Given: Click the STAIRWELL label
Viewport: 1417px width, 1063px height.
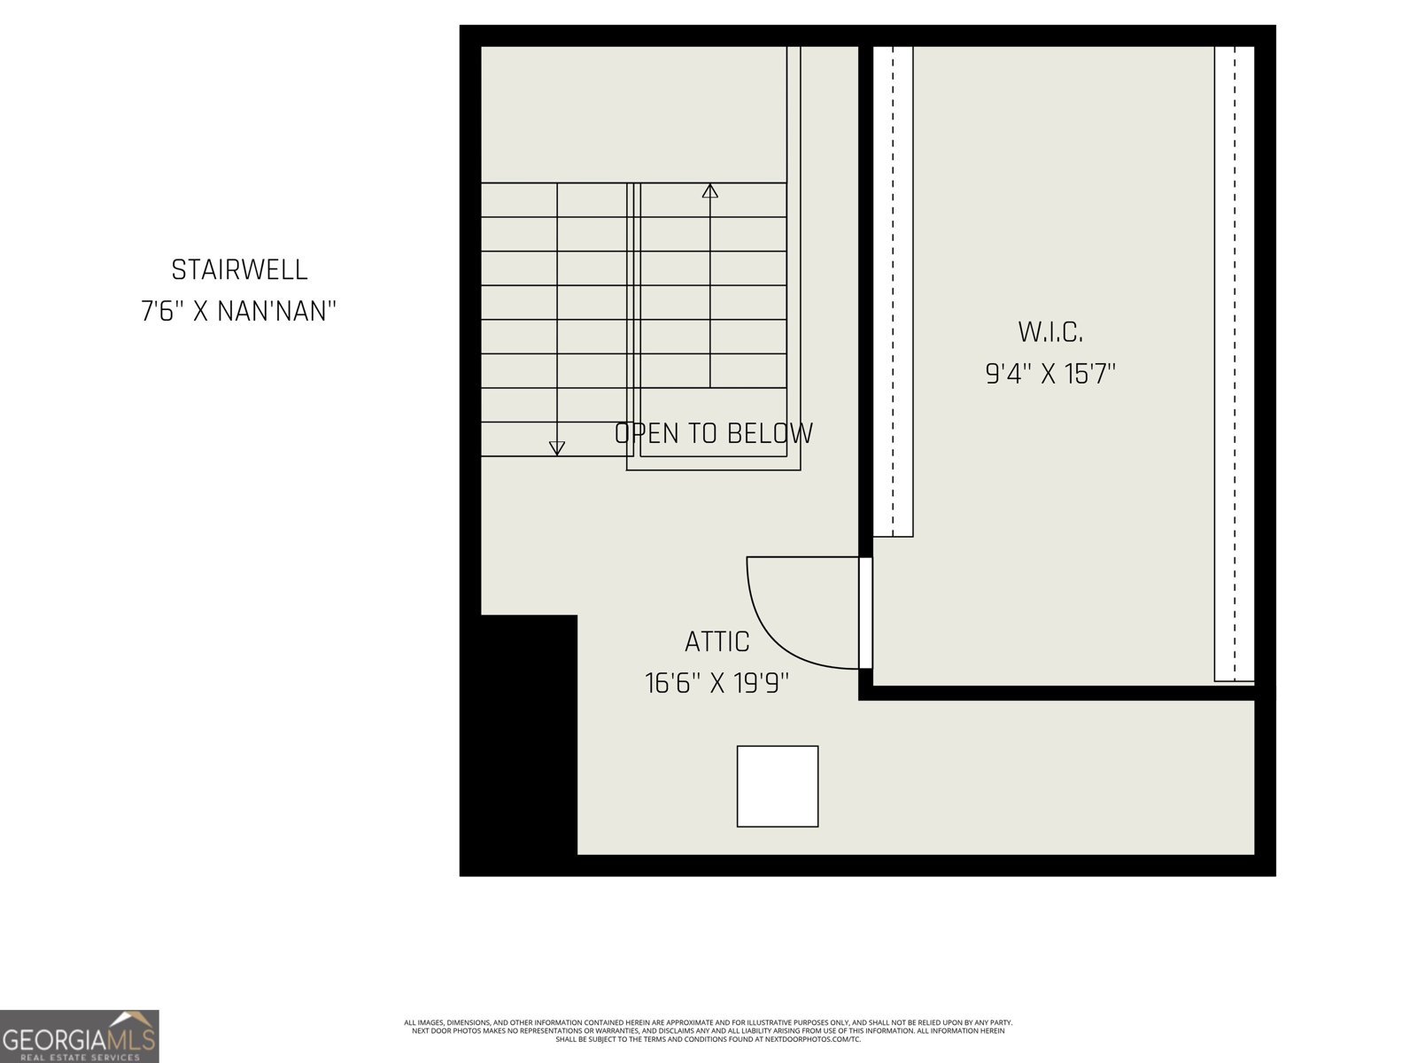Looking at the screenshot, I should point(239,269).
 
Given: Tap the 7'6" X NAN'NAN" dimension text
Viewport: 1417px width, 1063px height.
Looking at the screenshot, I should point(239,312).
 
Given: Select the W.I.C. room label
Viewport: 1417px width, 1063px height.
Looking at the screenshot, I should point(1050,332).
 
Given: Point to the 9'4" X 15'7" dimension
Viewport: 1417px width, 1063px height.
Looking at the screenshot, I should point(1050,374).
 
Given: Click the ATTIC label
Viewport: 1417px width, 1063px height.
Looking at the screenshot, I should point(717,641).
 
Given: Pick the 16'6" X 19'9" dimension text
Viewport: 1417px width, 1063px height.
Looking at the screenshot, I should point(717,683).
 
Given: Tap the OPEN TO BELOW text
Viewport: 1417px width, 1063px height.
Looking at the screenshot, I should point(714,433).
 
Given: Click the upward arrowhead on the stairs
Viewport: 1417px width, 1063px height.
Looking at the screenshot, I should point(709,190).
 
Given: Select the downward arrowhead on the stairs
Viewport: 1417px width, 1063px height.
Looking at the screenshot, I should point(556,448).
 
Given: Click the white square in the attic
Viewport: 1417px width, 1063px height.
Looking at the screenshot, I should point(778,786).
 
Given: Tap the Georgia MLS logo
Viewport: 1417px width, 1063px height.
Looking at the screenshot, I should point(80,1036).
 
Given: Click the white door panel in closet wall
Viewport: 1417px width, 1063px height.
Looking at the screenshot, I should point(866,612).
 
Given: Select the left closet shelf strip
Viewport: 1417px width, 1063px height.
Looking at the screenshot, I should point(893,292).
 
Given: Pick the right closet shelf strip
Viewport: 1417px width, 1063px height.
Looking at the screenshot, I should point(1235,363).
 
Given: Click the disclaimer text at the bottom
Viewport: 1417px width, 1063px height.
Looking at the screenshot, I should point(708,1030).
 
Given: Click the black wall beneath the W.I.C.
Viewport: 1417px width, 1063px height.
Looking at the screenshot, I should point(1063,693).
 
